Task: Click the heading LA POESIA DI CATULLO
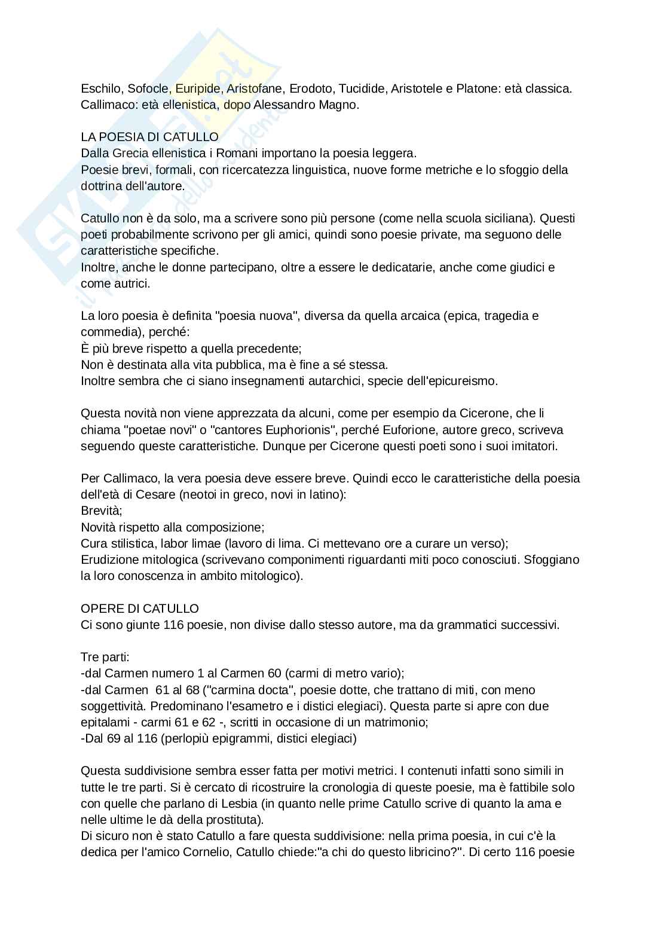(x=149, y=138)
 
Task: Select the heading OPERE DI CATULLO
(x=140, y=609)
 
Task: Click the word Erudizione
(x=109, y=560)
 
